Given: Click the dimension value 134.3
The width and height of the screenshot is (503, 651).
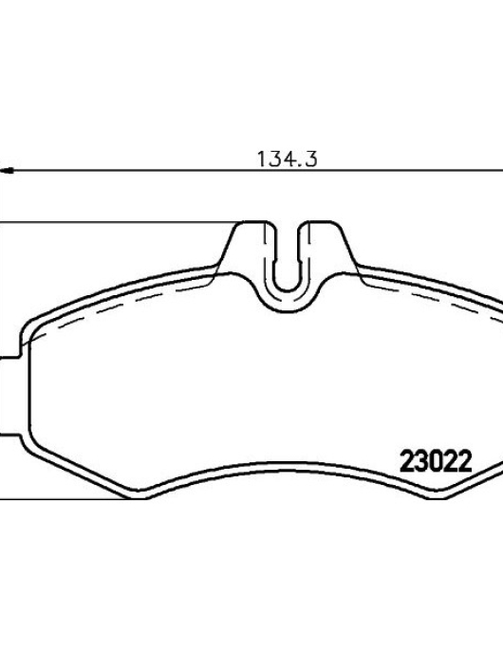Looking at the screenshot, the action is coord(287,159).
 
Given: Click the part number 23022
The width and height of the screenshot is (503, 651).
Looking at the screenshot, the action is coord(436,461).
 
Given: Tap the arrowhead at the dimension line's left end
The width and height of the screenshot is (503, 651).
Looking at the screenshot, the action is coord(7,170).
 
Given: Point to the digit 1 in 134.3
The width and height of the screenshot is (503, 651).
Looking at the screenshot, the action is coord(262,159).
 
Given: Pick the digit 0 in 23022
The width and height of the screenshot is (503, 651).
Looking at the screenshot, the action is coord(436,461).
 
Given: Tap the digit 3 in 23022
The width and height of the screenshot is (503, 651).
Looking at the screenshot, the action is coord(421,461).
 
